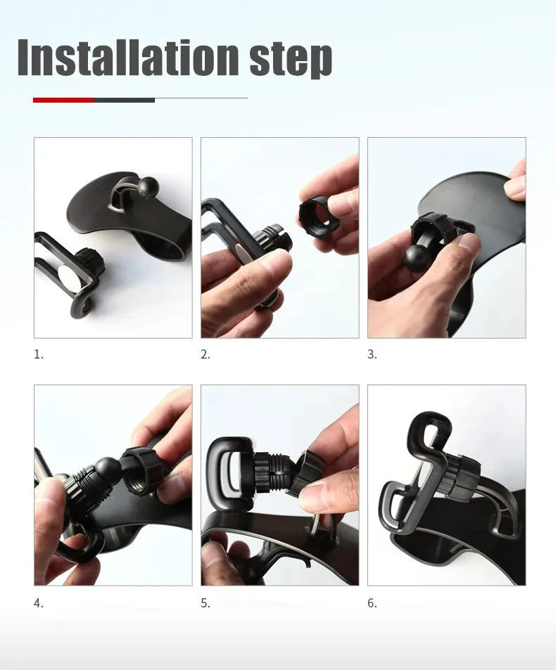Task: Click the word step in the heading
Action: [290, 59]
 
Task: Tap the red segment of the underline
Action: [63, 100]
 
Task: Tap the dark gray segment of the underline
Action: [124, 100]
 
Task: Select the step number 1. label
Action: [39, 354]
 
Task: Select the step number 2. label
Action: [206, 354]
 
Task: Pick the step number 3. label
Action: [372, 354]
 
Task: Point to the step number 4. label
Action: [39, 603]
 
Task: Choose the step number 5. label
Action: [206, 603]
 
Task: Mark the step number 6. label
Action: [372, 603]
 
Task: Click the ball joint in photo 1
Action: [149, 186]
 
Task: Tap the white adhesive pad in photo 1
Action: [68, 276]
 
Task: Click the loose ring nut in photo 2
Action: [319, 216]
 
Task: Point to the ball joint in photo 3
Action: [417, 258]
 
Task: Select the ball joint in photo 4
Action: [108, 469]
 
